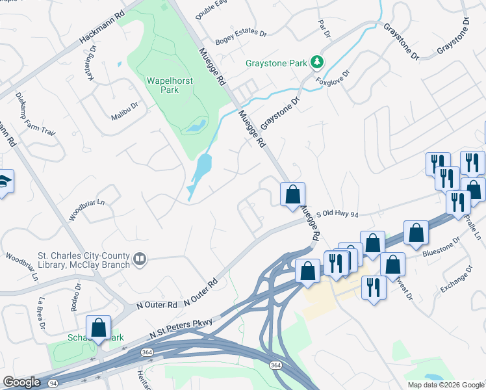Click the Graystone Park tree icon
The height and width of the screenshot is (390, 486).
[316, 62]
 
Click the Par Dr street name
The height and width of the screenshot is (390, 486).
[324, 28]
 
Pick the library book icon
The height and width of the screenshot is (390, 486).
[139, 260]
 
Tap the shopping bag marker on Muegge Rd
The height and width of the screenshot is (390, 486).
[293, 194]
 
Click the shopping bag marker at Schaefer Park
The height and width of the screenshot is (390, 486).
[98, 328]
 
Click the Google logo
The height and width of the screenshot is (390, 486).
[22, 382]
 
